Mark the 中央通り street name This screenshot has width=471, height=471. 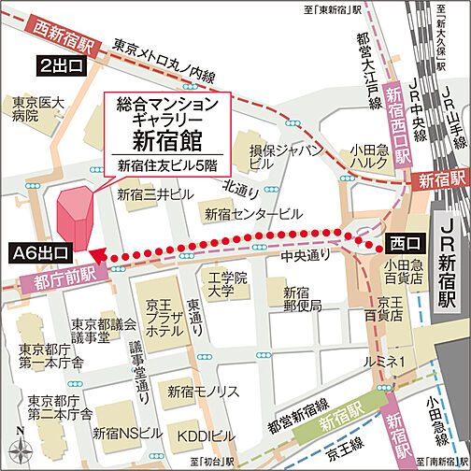[313, 251]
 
